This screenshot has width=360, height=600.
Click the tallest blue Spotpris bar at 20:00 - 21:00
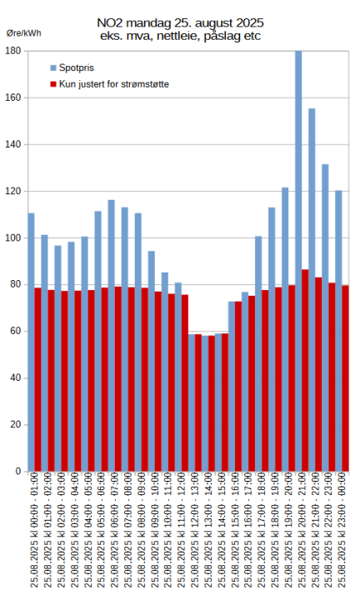[x=298, y=167]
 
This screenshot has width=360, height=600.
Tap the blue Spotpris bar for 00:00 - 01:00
[x=31, y=250]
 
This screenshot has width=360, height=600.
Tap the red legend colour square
[x=53, y=84]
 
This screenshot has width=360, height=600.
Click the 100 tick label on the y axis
[x=13, y=237]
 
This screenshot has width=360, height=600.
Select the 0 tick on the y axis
[x=18, y=472]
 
